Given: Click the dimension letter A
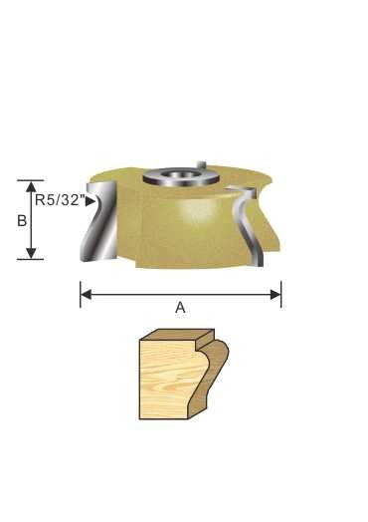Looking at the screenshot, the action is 180,308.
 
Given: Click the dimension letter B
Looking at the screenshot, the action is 22,221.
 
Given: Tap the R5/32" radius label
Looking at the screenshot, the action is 59,200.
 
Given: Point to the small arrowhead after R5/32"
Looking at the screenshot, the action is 90,201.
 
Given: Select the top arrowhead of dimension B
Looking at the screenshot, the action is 31,186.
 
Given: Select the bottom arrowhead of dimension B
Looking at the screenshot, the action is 31,253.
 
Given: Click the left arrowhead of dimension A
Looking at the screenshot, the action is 87,295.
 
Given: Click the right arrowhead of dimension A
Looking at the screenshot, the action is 276,295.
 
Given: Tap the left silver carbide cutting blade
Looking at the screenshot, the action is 99,221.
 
